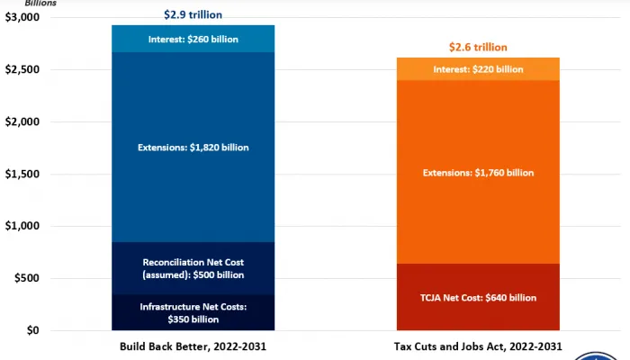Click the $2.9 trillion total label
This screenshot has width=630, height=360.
(x=193, y=14)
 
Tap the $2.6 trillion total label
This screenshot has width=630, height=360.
(x=477, y=47)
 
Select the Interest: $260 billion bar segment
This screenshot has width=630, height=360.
(x=193, y=39)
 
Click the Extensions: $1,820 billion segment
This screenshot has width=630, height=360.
(x=193, y=147)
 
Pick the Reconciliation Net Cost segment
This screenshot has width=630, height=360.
(x=193, y=268)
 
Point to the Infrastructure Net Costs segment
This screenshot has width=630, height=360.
(x=193, y=312)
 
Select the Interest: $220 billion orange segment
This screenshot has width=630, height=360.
(x=477, y=68)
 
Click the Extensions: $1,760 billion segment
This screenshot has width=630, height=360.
(x=477, y=172)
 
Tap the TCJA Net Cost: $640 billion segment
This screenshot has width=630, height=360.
(x=477, y=297)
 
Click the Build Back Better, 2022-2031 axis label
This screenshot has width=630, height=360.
(x=193, y=346)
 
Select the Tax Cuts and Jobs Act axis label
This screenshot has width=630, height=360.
(x=477, y=346)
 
